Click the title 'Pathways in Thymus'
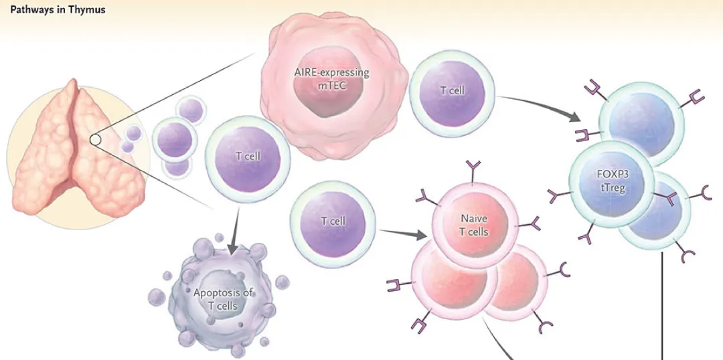pyautogui.click(x=58, y=9)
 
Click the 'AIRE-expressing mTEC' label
pyautogui.click(x=331, y=79)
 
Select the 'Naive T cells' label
pyautogui.click(x=473, y=224)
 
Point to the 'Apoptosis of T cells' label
pyautogui.click(x=224, y=298)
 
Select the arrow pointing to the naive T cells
pyautogui.click(x=402, y=233)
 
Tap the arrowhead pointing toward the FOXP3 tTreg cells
pyautogui.click(x=574, y=118)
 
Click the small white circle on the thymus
pyautogui.click(x=96, y=139)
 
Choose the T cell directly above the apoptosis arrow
pyautogui.click(x=248, y=159)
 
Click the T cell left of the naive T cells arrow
pyautogui.click(x=333, y=223)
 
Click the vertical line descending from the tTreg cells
pyautogui.click(x=663, y=305)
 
